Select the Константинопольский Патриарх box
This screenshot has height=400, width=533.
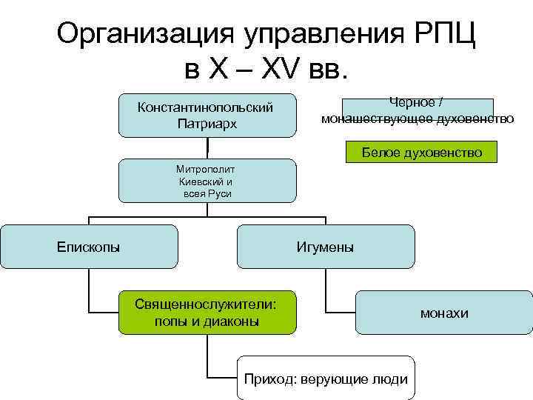click(207, 115)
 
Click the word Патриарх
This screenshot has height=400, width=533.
click(207, 124)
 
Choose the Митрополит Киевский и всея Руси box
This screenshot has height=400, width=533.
click(207, 180)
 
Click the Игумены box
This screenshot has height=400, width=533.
click(325, 246)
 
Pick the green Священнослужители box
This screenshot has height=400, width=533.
click(207, 312)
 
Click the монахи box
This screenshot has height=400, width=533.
click(443, 313)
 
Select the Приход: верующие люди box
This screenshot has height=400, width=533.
click(325, 379)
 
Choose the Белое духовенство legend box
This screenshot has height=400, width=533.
click(421, 153)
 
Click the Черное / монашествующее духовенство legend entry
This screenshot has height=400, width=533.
click(417, 109)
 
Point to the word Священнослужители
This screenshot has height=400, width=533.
click(205, 304)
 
